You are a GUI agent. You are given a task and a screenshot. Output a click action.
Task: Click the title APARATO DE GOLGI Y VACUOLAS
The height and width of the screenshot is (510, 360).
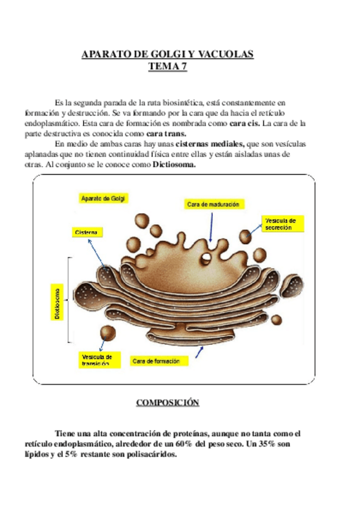[x=168, y=55]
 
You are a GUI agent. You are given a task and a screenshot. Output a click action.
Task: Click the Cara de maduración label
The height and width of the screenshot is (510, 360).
[x=213, y=204]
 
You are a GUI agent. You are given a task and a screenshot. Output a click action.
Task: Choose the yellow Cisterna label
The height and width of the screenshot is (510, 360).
[x=88, y=232]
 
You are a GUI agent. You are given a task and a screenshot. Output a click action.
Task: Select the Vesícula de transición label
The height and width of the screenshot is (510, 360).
[x=96, y=360]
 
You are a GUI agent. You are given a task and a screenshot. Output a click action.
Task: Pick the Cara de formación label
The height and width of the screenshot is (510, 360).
[x=160, y=361]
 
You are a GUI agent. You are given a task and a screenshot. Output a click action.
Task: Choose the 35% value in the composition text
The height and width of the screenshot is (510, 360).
[x=256, y=444]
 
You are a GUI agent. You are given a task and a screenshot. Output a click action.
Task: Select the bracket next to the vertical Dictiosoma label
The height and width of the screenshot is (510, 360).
[x=70, y=299]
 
